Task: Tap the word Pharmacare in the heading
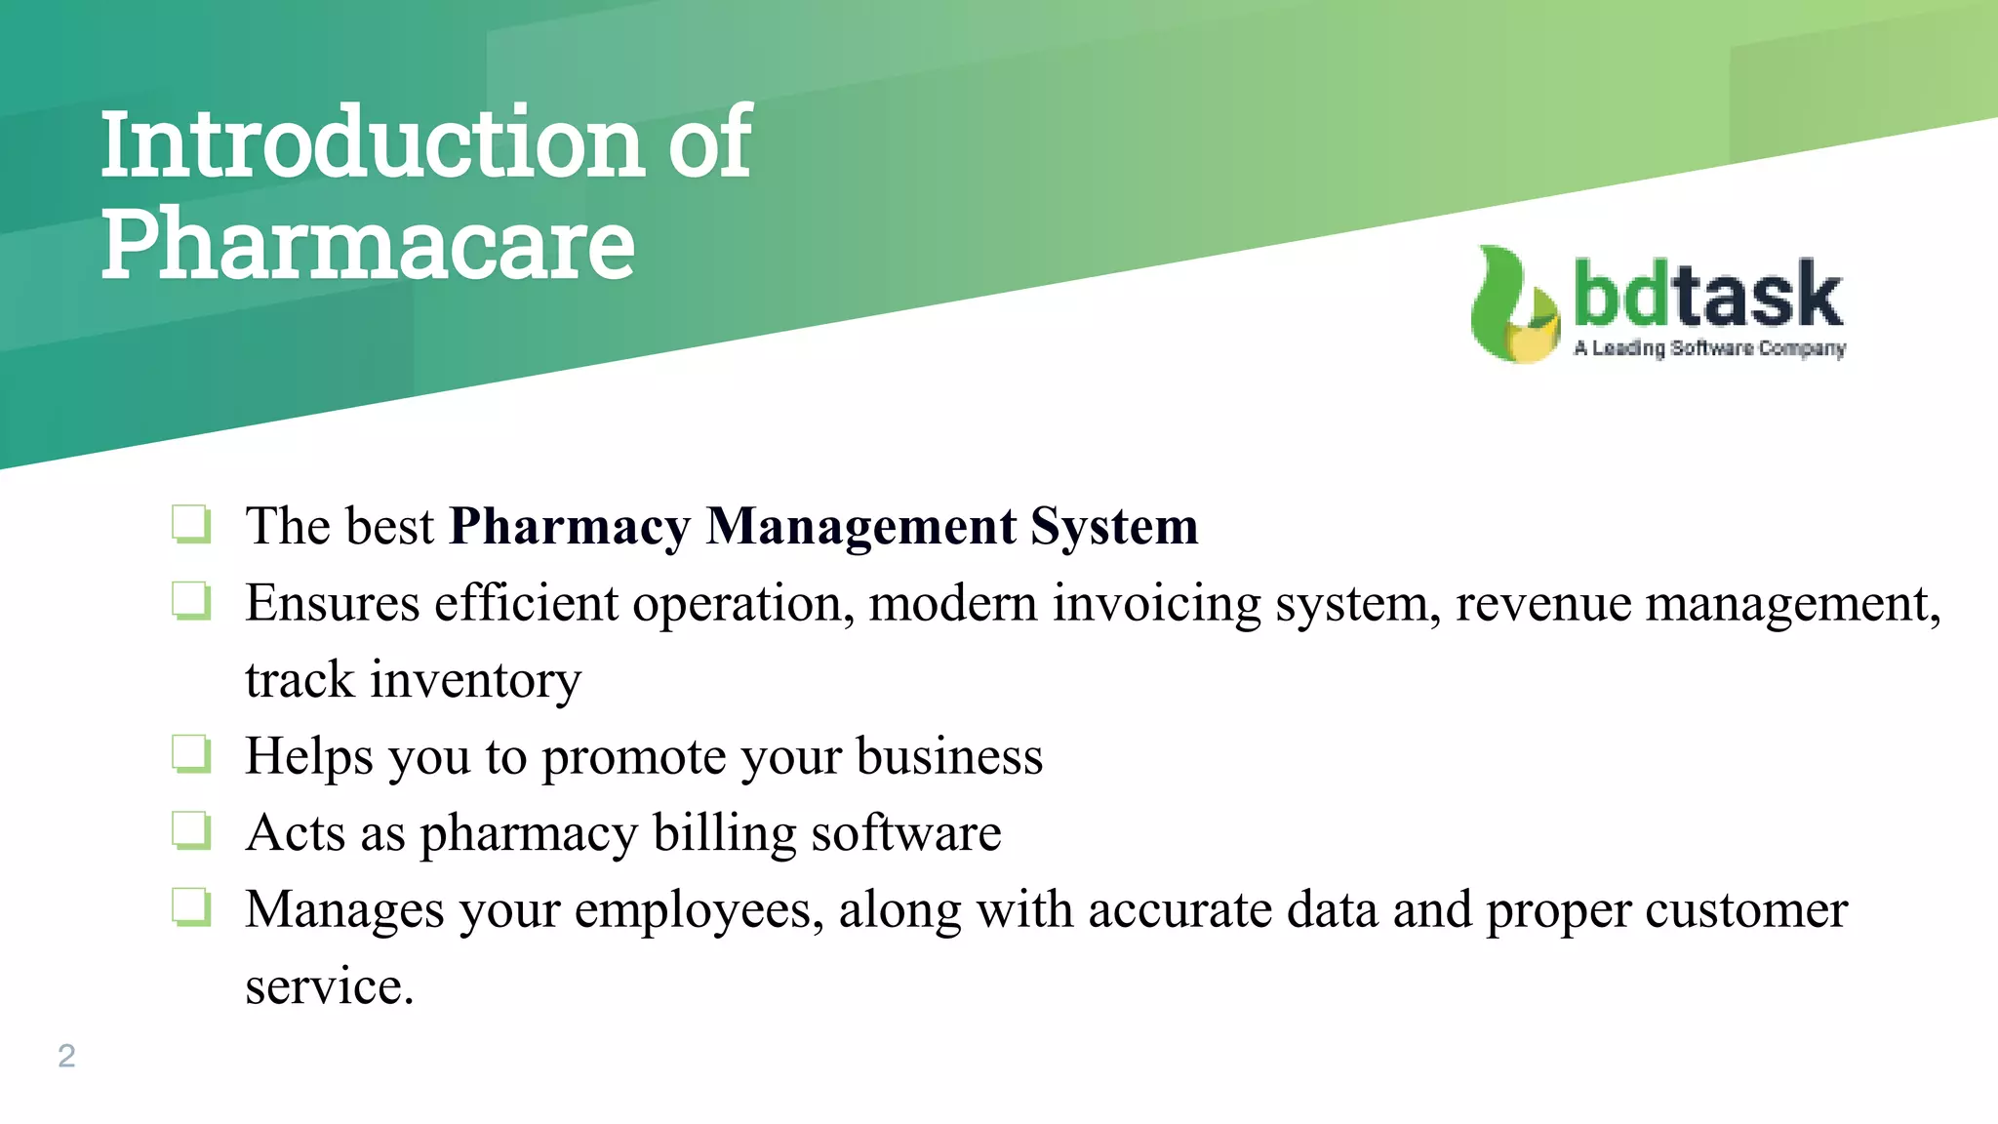coord(368,245)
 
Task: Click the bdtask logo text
coord(1707,295)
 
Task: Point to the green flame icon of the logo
coord(1512,304)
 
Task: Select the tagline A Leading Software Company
coord(1709,348)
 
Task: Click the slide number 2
coord(66,1056)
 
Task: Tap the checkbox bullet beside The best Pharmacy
coord(191,524)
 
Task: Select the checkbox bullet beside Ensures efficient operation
coord(191,601)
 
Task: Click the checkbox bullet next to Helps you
coord(191,754)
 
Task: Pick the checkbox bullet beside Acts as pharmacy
coord(191,831)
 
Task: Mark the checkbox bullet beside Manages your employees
coord(191,907)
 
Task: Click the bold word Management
coord(860,527)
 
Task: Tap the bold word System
coord(1114,527)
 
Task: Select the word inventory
coord(475,680)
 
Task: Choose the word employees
coord(698,910)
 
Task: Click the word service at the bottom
coord(329,986)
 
